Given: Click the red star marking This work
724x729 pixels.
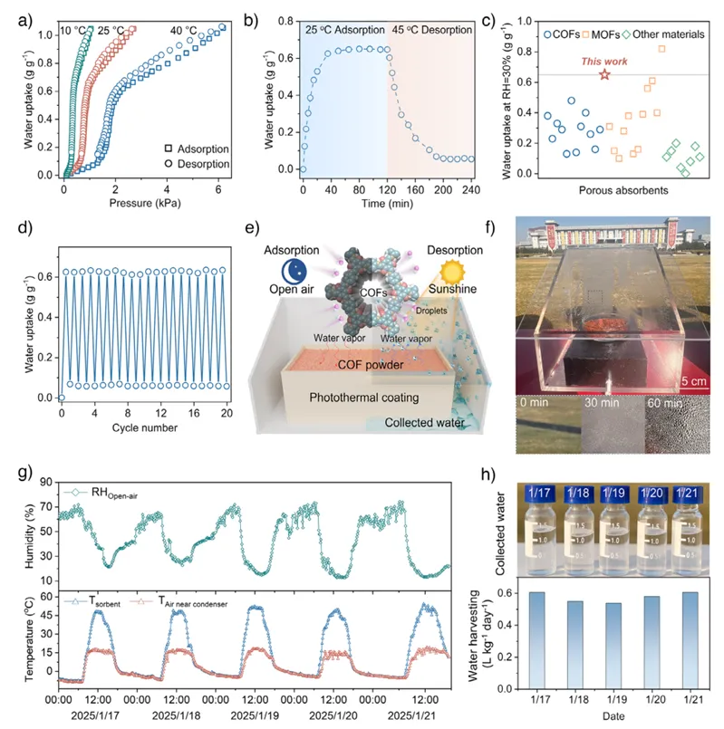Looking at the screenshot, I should [x=604, y=73].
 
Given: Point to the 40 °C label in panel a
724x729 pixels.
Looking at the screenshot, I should [x=185, y=31].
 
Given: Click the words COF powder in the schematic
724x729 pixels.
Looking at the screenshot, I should [x=361, y=365].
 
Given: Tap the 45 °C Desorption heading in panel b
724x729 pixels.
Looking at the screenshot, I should [x=432, y=30].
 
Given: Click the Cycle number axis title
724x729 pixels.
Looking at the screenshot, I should [x=143, y=426].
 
